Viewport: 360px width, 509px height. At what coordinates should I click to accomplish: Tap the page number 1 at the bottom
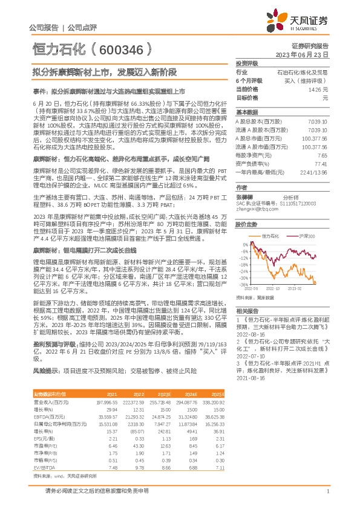tap(327, 492)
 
